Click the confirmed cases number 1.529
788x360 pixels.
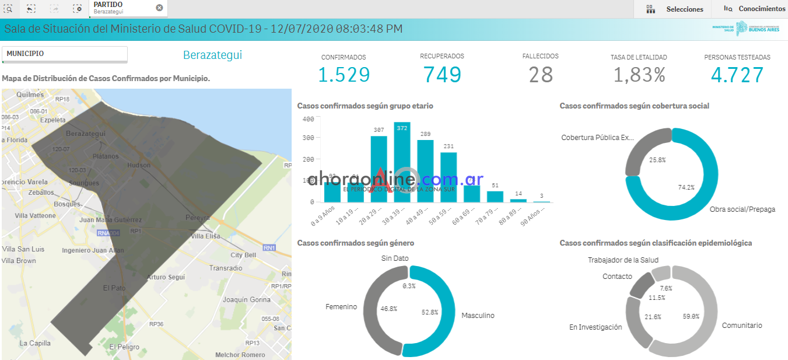[x=344, y=75]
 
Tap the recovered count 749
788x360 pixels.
[x=442, y=75]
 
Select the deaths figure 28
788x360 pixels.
[x=541, y=75]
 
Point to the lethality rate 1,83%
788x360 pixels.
[x=639, y=75]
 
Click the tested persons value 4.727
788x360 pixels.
[x=737, y=75]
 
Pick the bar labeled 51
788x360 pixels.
[x=495, y=196]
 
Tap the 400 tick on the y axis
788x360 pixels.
[x=309, y=119]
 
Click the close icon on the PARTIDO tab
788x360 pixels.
[x=159, y=8]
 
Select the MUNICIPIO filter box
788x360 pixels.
[x=65, y=54]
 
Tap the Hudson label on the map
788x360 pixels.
[x=138, y=165]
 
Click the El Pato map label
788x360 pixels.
[x=114, y=288]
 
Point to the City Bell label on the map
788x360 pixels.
[x=243, y=255]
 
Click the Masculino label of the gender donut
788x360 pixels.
[x=478, y=316]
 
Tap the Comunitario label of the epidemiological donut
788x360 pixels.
[x=742, y=326]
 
